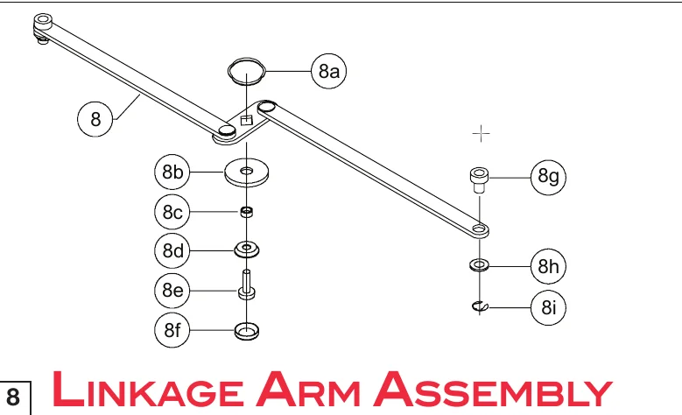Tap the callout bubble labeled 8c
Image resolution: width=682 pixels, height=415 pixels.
pyautogui.click(x=172, y=212)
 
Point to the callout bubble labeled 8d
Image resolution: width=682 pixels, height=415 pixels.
pyautogui.click(x=172, y=251)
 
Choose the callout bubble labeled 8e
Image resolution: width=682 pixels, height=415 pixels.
pyautogui.click(x=172, y=290)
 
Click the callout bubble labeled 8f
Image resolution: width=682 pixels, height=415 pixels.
pyautogui.click(x=172, y=330)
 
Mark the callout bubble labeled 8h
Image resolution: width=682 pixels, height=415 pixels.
pyautogui.click(x=549, y=265)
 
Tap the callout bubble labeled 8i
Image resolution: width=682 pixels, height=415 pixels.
pyautogui.click(x=549, y=306)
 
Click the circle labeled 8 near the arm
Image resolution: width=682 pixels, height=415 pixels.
pyautogui.click(x=95, y=118)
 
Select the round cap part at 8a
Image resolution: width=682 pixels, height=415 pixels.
pyautogui.click(x=246, y=68)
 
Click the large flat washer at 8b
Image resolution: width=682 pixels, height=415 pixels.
pyautogui.click(x=247, y=172)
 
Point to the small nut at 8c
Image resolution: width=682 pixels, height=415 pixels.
pyautogui.click(x=247, y=211)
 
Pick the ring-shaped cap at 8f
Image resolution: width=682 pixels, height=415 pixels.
pyautogui.click(x=247, y=331)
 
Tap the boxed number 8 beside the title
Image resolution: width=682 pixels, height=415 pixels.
pyautogui.click(x=15, y=397)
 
